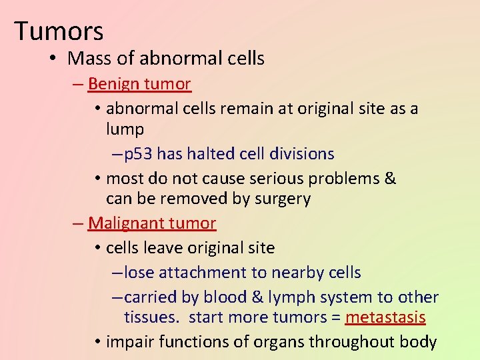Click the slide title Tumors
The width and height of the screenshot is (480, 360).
click(x=59, y=31)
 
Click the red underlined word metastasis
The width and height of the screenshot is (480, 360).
click(x=385, y=317)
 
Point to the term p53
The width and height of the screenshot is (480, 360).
click(x=139, y=154)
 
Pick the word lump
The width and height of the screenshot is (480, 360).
click(x=125, y=129)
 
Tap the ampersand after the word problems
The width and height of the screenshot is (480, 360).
click(x=391, y=179)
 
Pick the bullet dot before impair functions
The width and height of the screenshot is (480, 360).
click(x=97, y=343)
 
